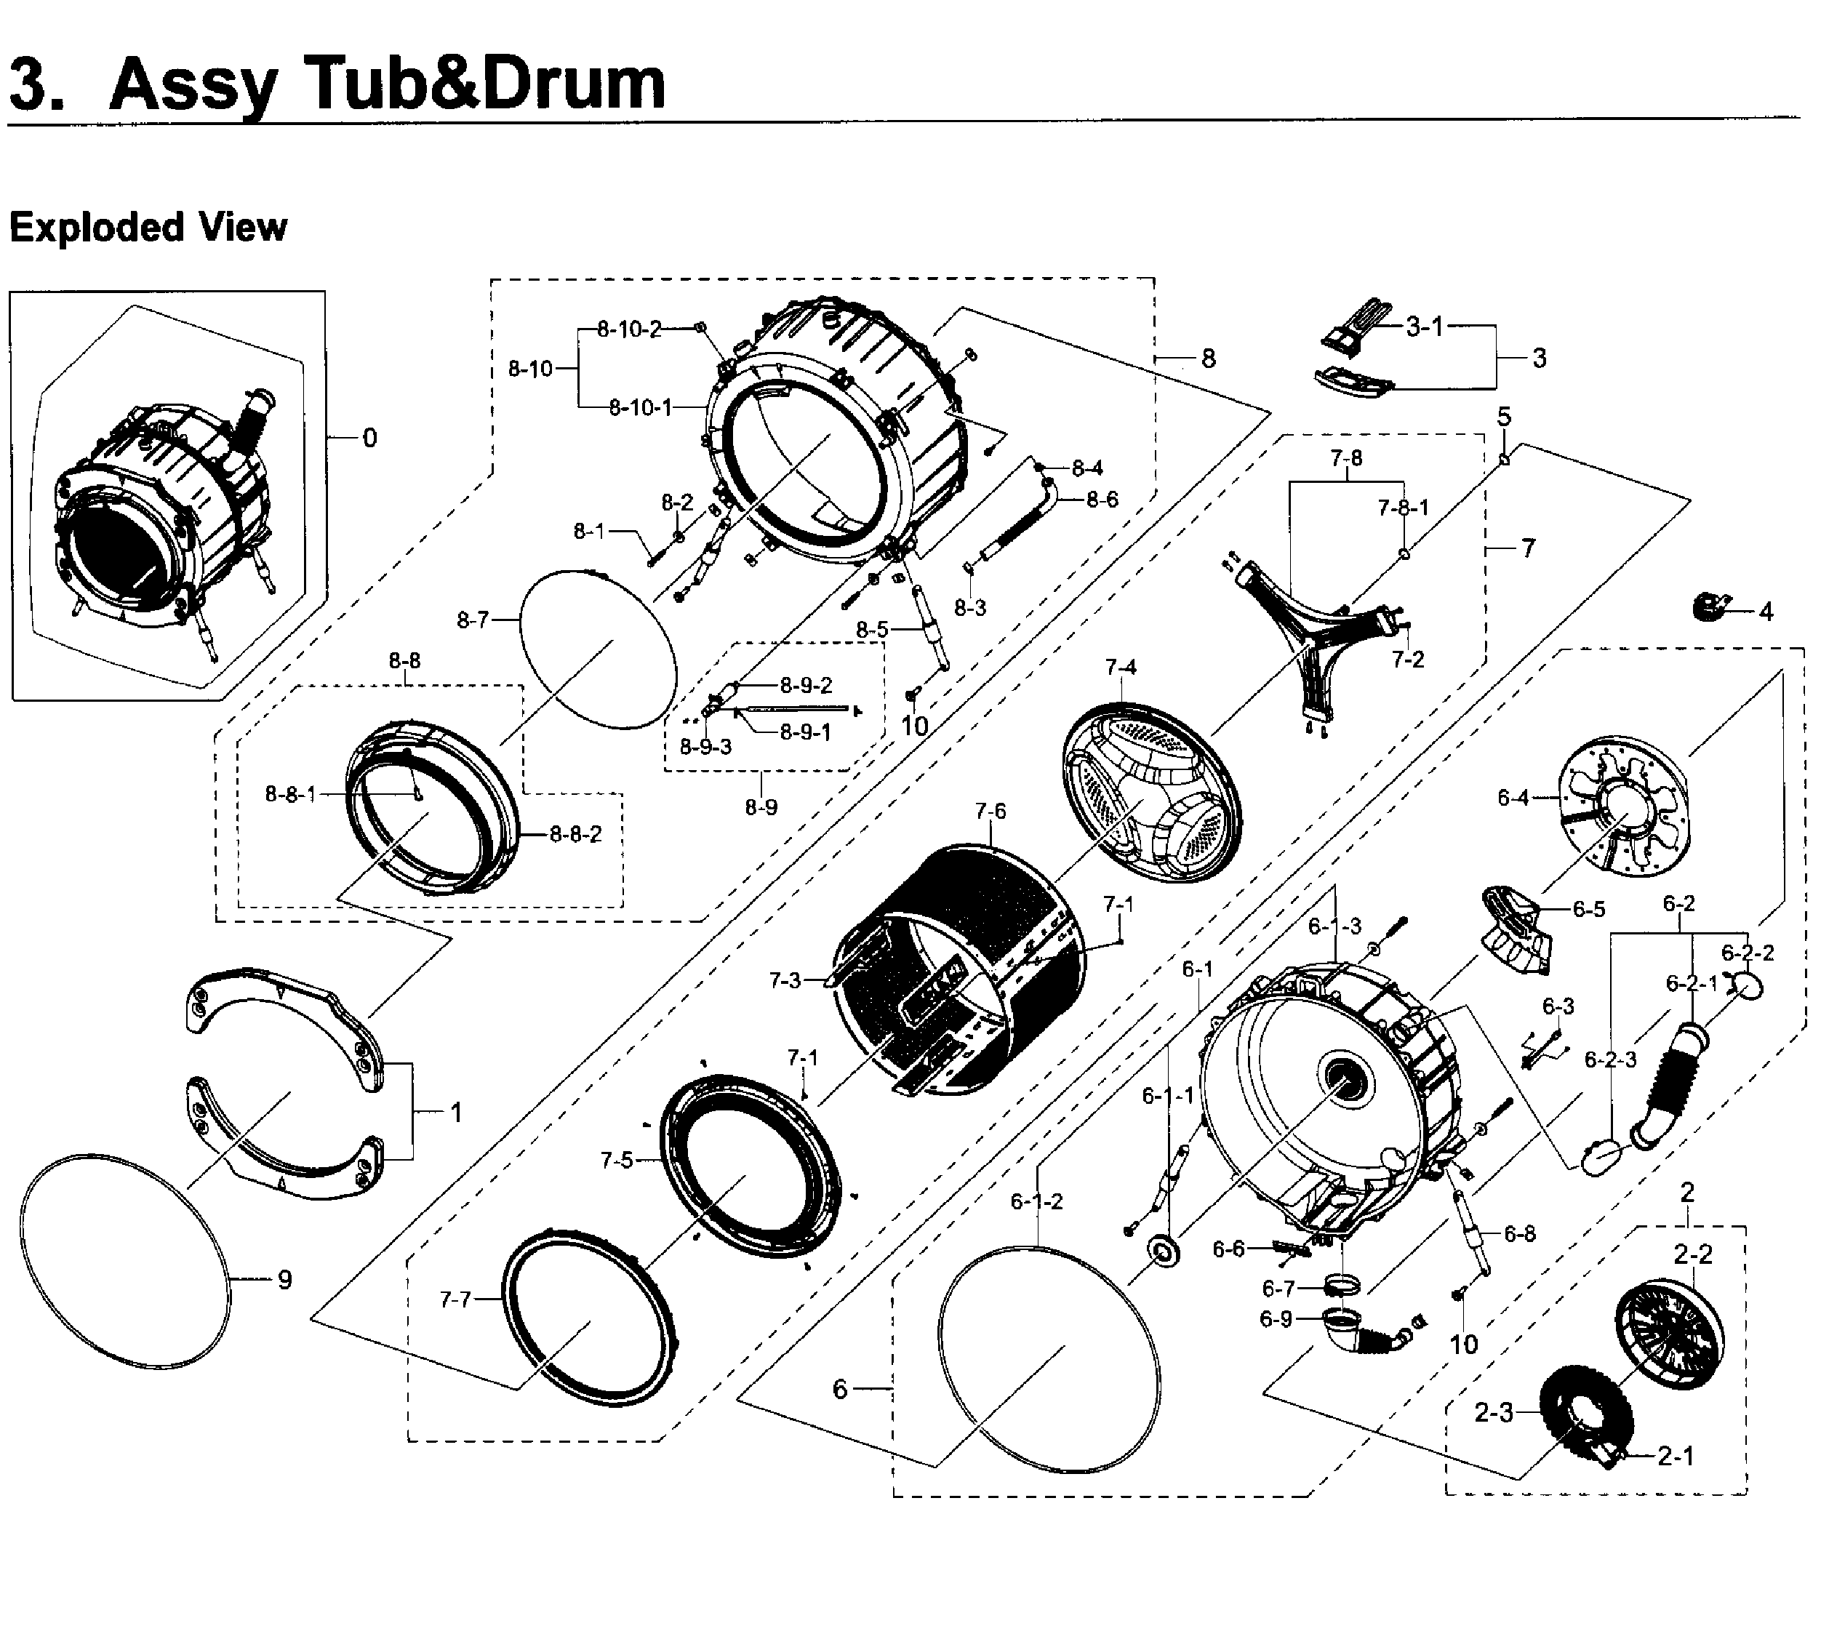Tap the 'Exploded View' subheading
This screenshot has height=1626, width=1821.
(x=148, y=228)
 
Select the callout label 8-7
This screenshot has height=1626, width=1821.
(x=473, y=619)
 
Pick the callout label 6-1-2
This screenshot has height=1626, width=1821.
(x=1036, y=1201)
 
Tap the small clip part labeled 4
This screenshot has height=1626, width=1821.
(x=1708, y=606)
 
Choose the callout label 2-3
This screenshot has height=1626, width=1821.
(x=1493, y=1412)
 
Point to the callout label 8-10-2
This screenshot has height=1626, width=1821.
(x=629, y=329)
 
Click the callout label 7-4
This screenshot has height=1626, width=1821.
(x=1121, y=668)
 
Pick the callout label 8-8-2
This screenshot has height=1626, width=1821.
(x=575, y=833)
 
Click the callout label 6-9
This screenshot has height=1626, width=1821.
(x=1276, y=1318)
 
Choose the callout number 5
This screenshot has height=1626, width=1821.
(x=1505, y=417)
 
